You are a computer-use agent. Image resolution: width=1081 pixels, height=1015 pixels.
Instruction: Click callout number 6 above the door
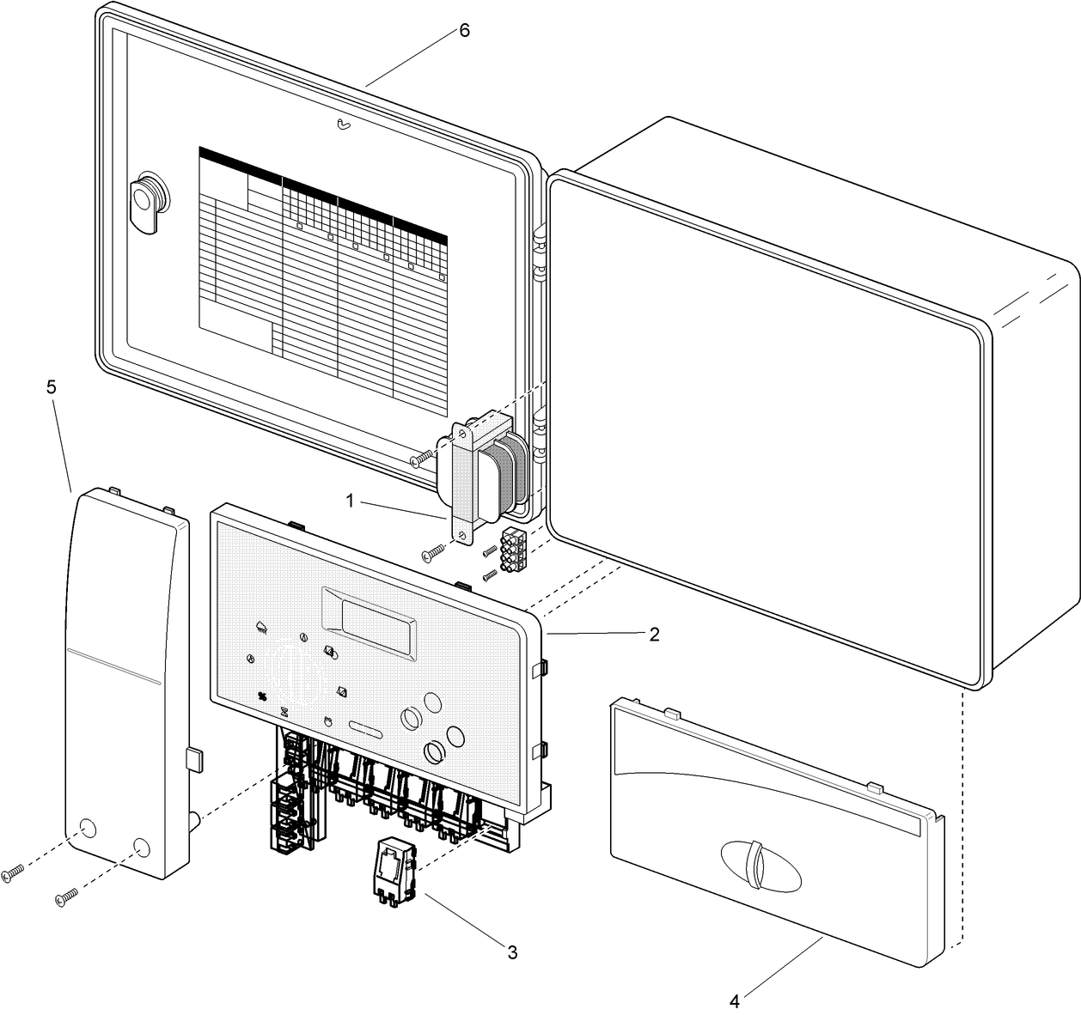click(x=464, y=30)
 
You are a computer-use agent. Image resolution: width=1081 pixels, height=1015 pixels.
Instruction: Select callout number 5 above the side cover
click(x=52, y=387)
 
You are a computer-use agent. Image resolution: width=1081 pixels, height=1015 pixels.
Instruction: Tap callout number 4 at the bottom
click(x=734, y=1000)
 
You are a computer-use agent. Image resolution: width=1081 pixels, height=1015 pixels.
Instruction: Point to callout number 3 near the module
click(x=512, y=952)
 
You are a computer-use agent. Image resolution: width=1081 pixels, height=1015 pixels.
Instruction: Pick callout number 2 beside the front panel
click(x=654, y=635)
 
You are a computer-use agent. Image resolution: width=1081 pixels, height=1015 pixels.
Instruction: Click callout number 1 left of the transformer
click(x=350, y=499)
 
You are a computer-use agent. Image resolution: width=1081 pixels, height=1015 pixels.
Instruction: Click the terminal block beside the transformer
click(x=513, y=548)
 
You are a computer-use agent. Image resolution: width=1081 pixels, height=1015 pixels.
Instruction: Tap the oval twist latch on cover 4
click(x=760, y=865)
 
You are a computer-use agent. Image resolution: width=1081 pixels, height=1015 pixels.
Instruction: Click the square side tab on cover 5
click(x=194, y=758)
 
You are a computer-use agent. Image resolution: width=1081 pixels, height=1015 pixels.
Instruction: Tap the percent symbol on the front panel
click(x=263, y=696)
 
